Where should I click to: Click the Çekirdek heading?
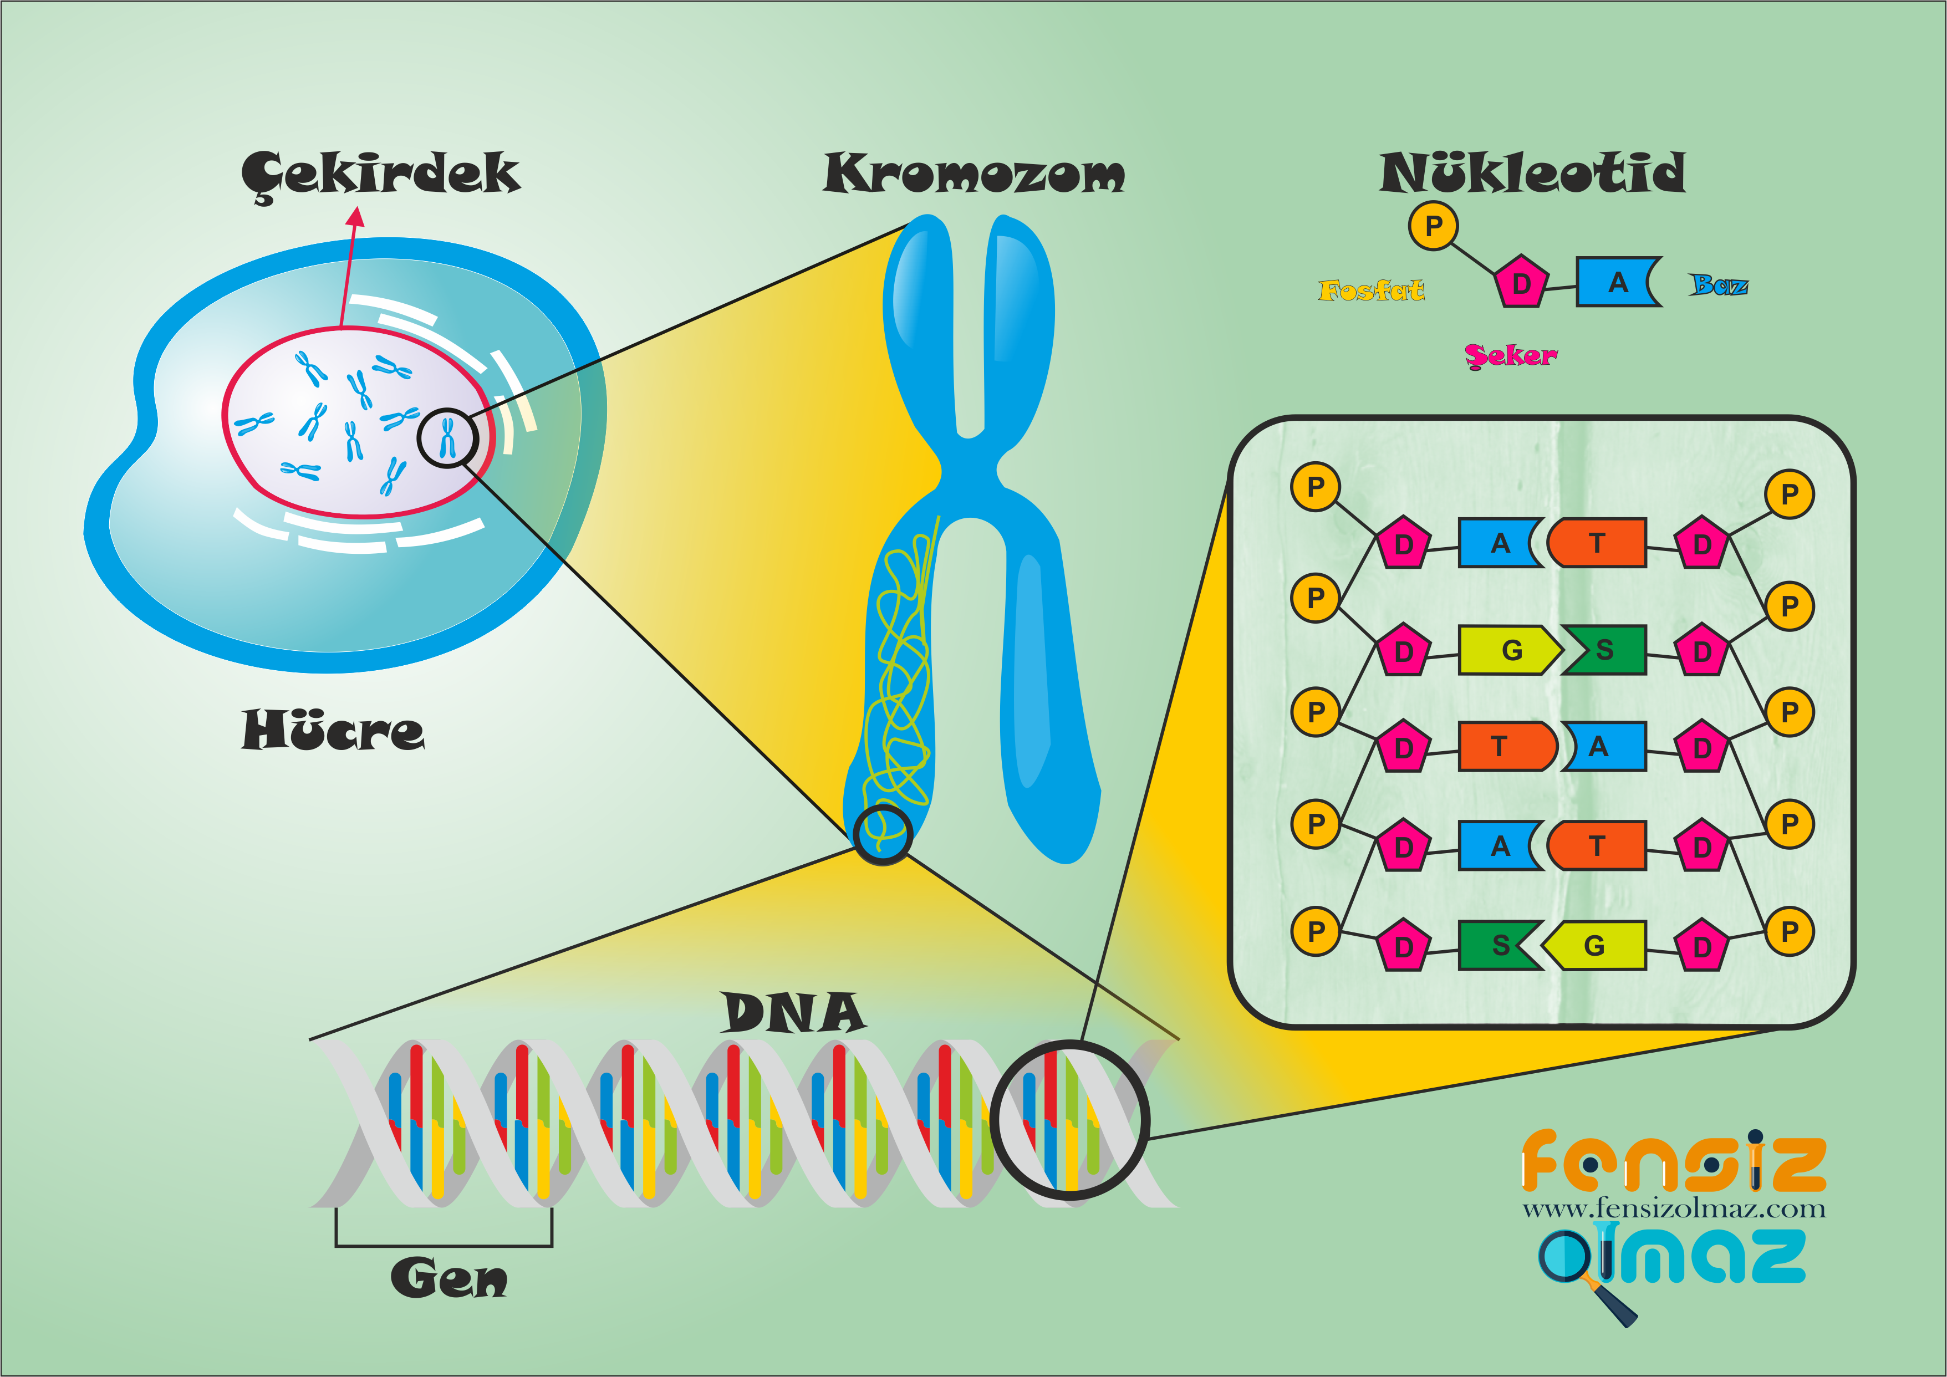(381, 174)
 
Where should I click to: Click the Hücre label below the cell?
(333, 731)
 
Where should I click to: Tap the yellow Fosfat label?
(1370, 291)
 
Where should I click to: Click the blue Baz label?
(1718, 285)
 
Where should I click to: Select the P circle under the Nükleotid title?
(1433, 226)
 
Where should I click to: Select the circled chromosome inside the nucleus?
(447, 437)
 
